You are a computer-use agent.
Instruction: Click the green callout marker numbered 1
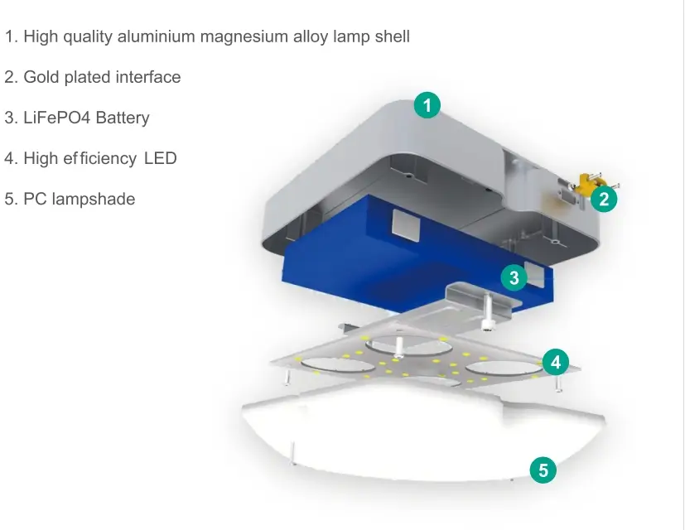coord(427,106)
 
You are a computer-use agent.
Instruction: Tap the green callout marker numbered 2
coord(605,200)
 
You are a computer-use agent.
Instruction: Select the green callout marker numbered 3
coord(514,278)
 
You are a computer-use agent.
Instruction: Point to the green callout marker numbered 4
coord(556,362)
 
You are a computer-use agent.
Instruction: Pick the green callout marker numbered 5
coord(543,471)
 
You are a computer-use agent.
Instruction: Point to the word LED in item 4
coord(161,158)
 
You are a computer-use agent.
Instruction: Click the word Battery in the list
coord(123,118)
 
